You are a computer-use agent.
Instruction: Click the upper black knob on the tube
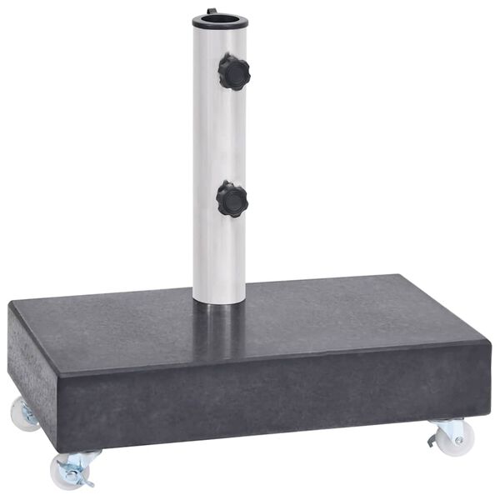click(x=234, y=72)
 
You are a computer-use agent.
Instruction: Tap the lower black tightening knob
click(x=232, y=199)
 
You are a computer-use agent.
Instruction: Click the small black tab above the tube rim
click(x=211, y=11)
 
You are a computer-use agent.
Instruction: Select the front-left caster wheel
click(x=67, y=472)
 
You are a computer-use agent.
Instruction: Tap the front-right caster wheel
click(x=457, y=438)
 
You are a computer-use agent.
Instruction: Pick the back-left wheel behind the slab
click(x=22, y=413)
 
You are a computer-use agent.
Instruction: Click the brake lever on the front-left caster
click(x=84, y=478)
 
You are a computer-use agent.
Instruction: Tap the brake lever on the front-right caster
click(x=432, y=439)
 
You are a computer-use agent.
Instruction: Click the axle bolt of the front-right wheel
click(x=458, y=439)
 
